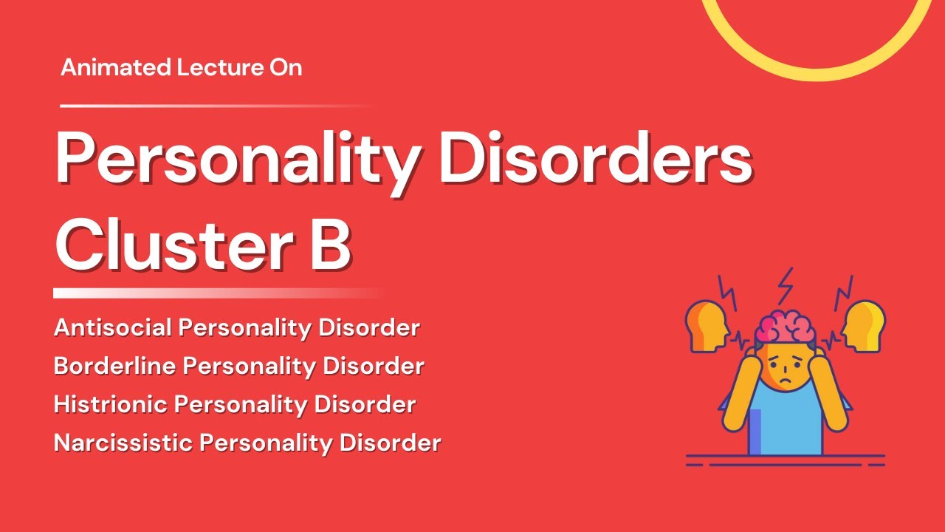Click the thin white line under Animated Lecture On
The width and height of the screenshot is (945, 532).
tap(214, 106)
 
